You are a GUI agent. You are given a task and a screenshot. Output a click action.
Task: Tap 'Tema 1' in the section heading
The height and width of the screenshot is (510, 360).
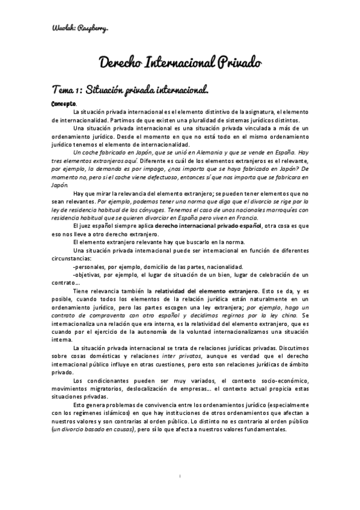coord(67,91)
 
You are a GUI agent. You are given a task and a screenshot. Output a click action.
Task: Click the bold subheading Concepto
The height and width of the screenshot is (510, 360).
coord(64,103)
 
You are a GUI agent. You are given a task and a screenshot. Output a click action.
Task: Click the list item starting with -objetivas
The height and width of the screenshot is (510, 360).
coord(180,274)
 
